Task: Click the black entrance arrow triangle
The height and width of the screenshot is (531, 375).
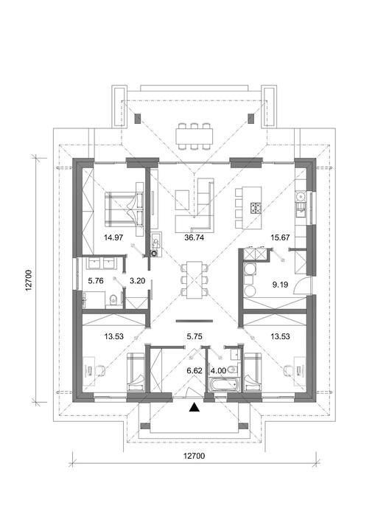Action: click(x=194, y=407)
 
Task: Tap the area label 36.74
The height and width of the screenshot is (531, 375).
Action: click(x=194, y=237)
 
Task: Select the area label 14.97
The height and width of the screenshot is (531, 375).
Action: click(x=113, y=237)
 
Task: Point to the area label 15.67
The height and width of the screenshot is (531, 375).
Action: click(x=280, y=237)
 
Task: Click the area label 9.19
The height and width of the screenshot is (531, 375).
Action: click(x=280, y=285)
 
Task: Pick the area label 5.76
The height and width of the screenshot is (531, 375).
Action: click(x=96, y=281)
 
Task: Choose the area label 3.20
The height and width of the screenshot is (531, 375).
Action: click(x=138, y=281)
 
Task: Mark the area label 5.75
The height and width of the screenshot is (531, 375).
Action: click(x=194, y=336)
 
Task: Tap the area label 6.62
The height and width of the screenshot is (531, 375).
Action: click(x=194, y=371)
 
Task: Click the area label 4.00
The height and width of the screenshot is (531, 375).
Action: click(x=218, y=371)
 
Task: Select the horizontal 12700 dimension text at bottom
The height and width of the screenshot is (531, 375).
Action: click(x=194, y=456)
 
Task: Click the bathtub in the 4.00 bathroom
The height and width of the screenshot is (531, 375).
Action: click(x=224, y=386)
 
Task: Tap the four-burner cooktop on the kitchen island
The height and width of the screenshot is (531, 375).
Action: click(x=256, y=207)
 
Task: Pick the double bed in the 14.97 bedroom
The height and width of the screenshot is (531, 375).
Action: click(x=125, y=209)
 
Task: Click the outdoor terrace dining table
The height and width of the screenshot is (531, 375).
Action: click(x=194, y=136)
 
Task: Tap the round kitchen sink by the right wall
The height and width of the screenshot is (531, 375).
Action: click(x=300, y=196)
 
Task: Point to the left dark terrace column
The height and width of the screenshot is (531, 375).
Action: click(x=138, y=119)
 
